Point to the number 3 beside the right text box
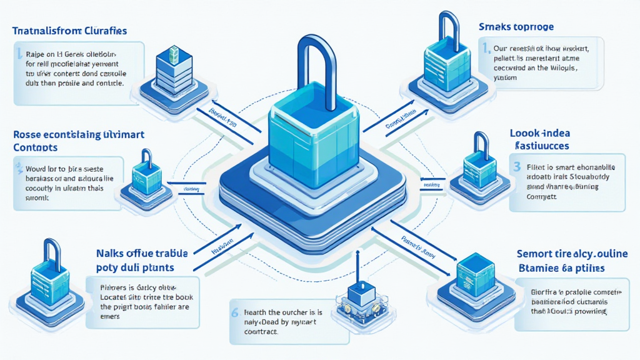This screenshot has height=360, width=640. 516,166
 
